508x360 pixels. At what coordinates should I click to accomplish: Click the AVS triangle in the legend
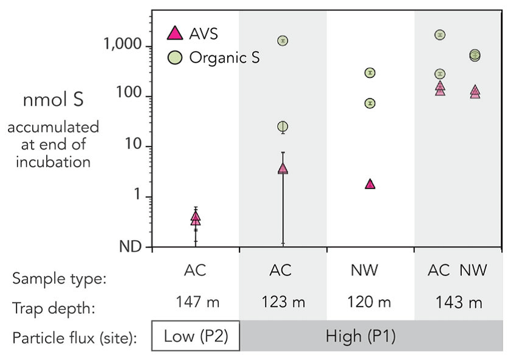click(174, 33)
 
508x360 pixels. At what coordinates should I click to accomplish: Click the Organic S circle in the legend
click(174, 58)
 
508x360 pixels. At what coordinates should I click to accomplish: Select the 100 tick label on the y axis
click(132, 96)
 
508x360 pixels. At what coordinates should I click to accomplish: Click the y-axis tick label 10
click(136, 147)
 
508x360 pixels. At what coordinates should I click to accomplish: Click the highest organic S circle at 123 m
click(283, 41)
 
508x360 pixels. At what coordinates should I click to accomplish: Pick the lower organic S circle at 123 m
click(283, 126)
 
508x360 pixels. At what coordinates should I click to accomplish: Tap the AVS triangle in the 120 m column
click(369, 184)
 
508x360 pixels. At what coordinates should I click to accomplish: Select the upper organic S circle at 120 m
click(369, 73)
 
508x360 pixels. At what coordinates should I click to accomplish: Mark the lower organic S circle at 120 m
click(369, 103)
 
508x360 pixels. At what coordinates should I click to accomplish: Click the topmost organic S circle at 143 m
click(441, 35)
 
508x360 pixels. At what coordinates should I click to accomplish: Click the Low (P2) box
click(195, 336)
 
